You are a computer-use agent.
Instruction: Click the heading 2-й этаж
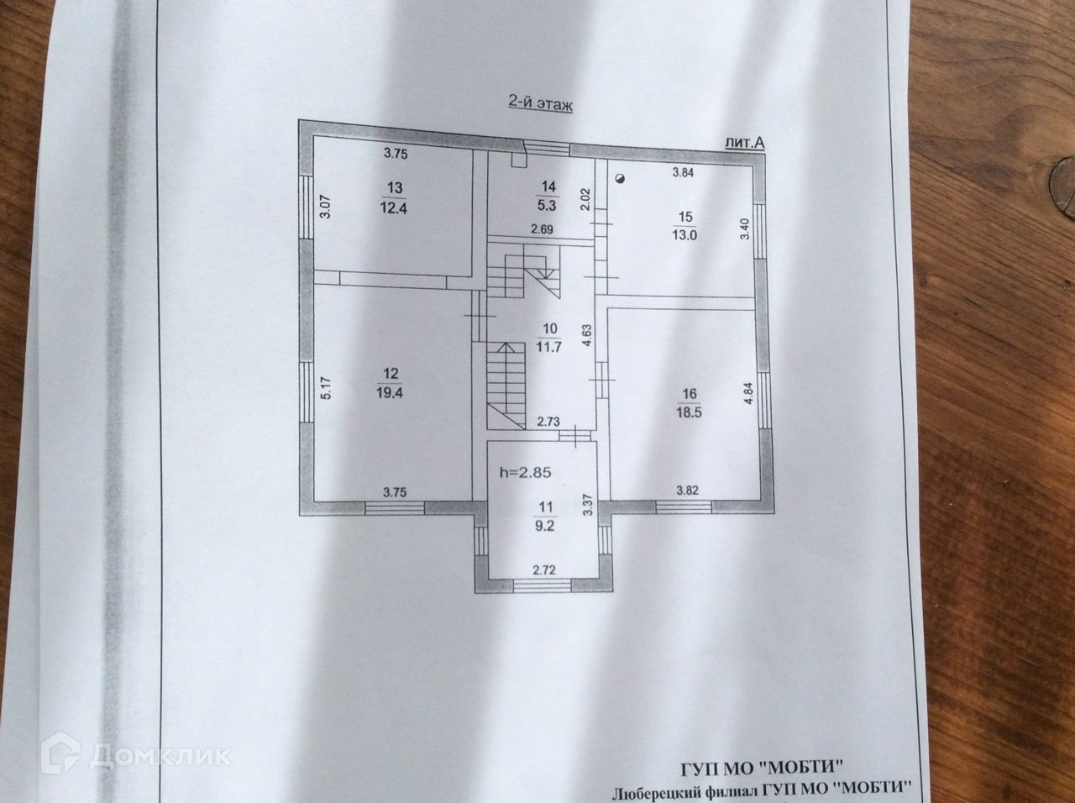tap(540, 103)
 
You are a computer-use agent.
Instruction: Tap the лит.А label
tap(744, 143)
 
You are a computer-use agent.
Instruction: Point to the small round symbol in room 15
tap(619, 178)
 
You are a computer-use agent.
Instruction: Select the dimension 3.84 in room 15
tap(683, 174)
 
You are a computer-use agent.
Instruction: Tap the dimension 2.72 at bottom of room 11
tap(545, 570)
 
